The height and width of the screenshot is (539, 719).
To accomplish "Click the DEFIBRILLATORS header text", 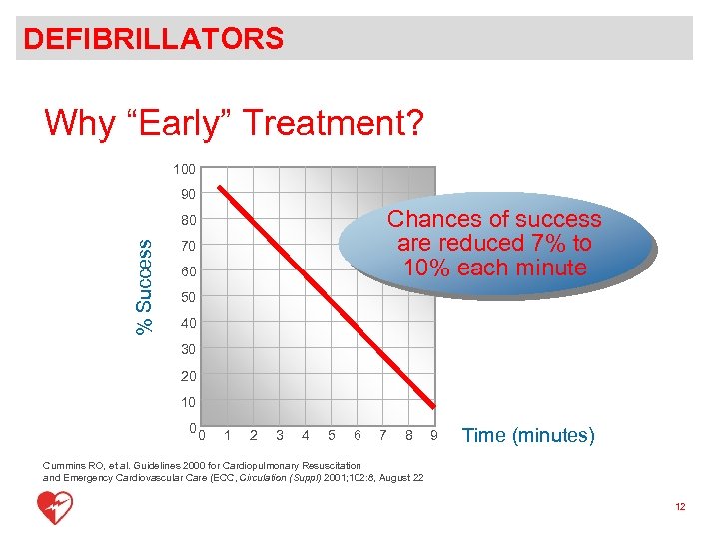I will [154, 39].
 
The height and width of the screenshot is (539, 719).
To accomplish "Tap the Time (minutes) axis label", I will [529, 435].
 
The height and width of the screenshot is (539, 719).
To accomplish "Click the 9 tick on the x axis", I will [433, 435].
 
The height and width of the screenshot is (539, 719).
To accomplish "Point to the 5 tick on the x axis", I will [331, 435].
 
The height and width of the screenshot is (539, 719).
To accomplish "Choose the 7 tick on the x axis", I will [382, 435].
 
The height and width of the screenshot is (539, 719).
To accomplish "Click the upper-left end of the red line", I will [223, 188].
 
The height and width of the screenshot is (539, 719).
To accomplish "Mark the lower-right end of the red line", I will [434, 405].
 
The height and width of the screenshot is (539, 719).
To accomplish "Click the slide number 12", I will [680, 507].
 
